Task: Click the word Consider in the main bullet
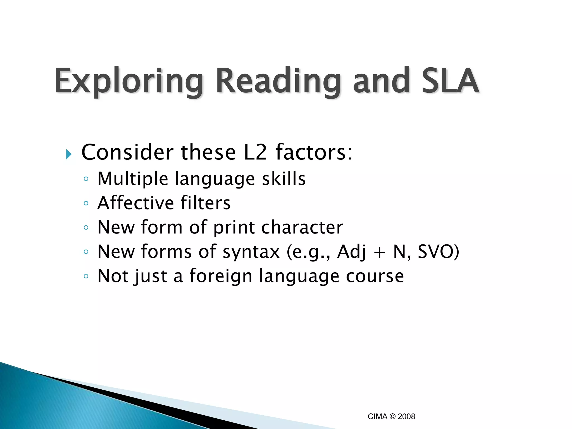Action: click(x=127, y=152)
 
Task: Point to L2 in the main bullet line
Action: click(x=255, y=152)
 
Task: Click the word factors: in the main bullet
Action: click(x=314, y=152)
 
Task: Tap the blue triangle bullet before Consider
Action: click(x=69, y=154)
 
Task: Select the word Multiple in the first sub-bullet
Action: click(x=133, y=179)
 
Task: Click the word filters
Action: click(x=206, y=203)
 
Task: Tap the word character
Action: click(x=302, y=227)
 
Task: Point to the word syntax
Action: click(x=251, y=252)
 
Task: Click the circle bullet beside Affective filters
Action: click(x=86, y=203)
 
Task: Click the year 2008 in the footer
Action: click(x=406, y=417)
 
